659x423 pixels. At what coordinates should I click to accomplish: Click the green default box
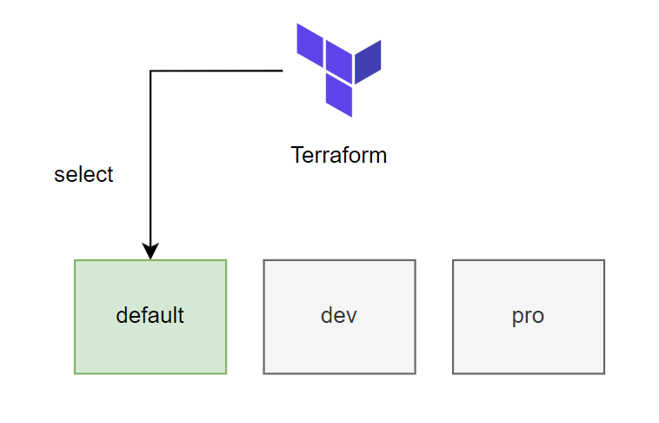(x=150, y=317)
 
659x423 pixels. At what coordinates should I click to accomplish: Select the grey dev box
(x=340, y=317)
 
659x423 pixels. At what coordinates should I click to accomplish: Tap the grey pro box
(x=529, y=317)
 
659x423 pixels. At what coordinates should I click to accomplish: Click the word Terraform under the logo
(x=339, y=155)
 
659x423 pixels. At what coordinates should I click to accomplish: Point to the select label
(x=83, y=174)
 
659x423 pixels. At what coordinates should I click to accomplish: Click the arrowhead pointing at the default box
(x=150, y=252)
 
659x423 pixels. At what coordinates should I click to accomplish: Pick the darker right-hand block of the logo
(x=368, y=62)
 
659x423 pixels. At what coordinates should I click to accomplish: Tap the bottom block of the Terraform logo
(x=339, y=95)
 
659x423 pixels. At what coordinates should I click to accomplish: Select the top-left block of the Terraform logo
(x=310, y=45)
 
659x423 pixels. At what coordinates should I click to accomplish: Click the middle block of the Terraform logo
(x=339, y=62)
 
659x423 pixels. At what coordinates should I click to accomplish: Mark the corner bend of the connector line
(x=150, y=70)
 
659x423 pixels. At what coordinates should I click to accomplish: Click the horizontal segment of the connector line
(x=216, y=70)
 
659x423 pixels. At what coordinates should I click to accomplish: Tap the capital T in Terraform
(x=298, y=155)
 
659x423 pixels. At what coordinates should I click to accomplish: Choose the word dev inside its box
(x=339, y=315)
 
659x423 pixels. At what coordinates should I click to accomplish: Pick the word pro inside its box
(x=528, y=317)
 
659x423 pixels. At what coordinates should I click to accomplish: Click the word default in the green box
(x=150, y=315)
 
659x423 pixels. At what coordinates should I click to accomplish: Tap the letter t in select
(x=110, y=175)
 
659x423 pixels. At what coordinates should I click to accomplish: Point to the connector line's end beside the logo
(x=283, y=70)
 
